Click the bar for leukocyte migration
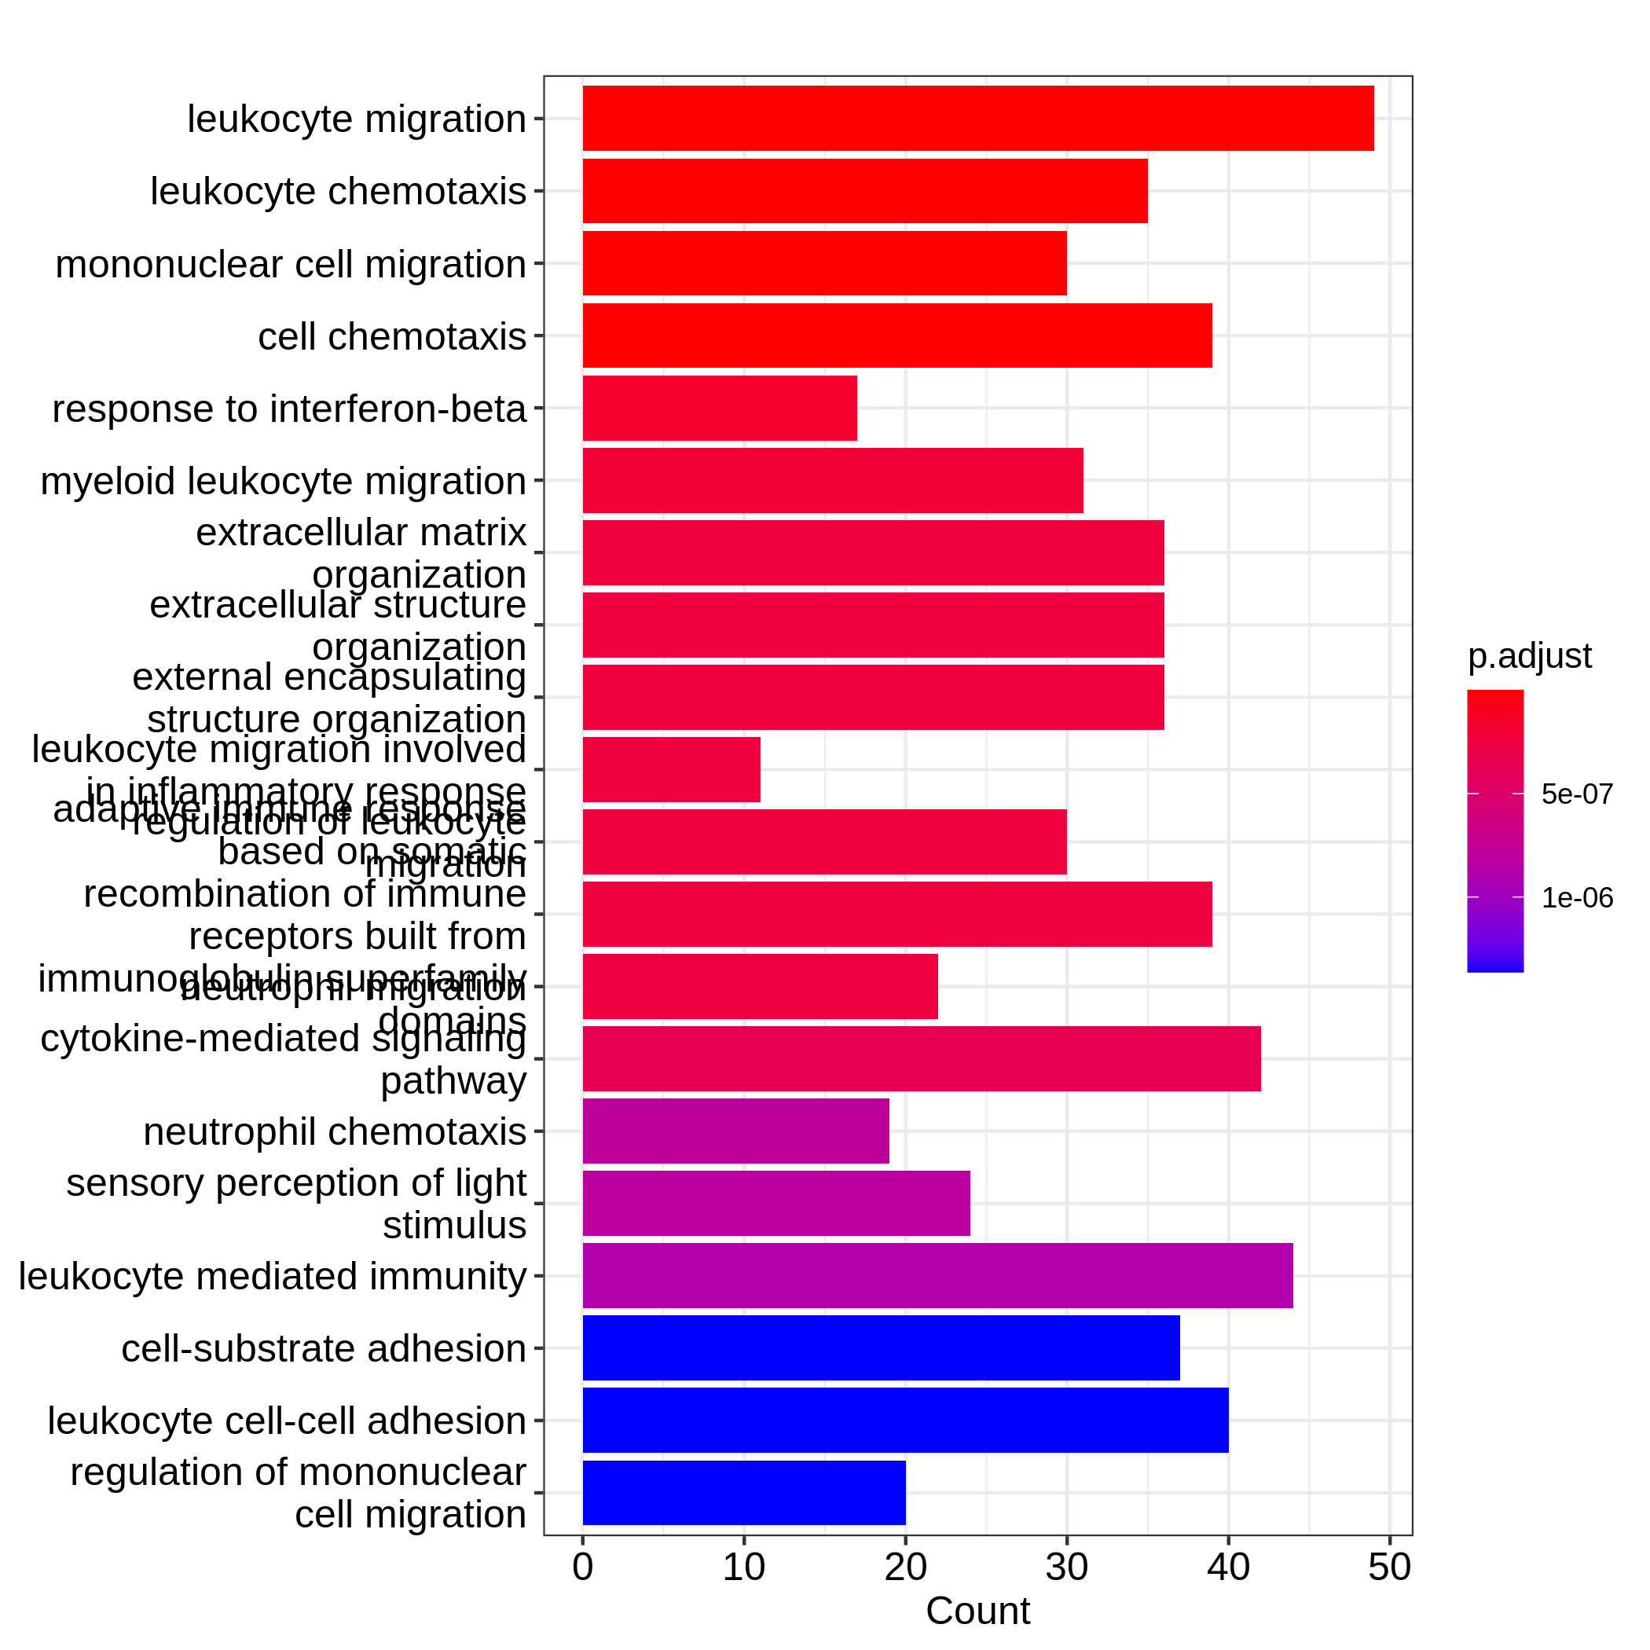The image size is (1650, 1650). coord(978,118)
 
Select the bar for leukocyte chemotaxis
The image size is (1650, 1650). coord(864,190)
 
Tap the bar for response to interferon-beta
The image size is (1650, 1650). coord(719,409)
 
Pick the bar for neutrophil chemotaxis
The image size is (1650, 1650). coord(735,1131)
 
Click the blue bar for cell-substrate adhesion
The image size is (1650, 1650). coord(881,1347)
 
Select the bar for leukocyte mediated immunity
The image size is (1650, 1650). coord(937,1275)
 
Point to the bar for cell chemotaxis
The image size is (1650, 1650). coord(896,335)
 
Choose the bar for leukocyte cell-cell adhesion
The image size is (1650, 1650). coord(905,1421)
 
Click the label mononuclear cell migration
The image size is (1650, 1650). coord(291,264)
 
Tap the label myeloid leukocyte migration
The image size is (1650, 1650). coord(283,481)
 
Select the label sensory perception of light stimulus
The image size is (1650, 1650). coord(295,1204)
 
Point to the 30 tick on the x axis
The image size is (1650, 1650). coord(1066,1568)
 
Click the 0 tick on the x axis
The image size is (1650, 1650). coord(582,1568)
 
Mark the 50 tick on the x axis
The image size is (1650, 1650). coord(1389,1568)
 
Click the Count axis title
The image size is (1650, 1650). coord(978,1611)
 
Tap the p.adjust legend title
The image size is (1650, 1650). coord(1529,656)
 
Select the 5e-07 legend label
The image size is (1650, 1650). coord(1577,794)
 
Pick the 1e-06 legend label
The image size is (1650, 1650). coord(1577,897)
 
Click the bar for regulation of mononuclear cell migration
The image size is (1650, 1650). coord(744,1493)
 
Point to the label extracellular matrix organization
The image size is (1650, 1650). coord(361,553)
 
